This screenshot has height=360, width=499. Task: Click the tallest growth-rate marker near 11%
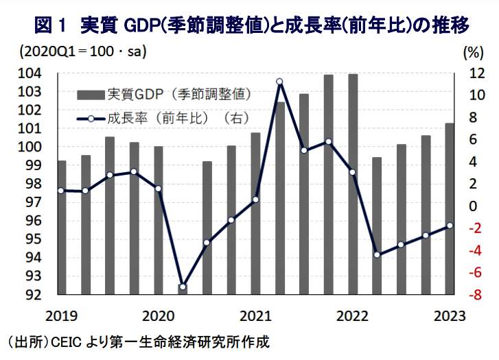[279, 82]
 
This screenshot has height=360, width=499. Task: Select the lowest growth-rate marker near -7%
[183, 287]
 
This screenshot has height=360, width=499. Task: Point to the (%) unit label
[473, 52]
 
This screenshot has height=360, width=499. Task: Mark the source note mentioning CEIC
[137, 341]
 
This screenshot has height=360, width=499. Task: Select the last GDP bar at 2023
[450, 209]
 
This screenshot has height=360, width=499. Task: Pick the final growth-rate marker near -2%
[450, 226]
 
